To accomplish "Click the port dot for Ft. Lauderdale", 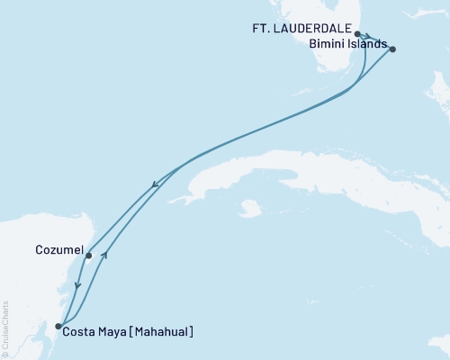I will [x=358, y=33].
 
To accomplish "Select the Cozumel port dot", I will [x=88, y=256].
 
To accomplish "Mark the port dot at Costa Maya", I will [x=58, y=327].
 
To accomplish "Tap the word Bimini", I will [x=325, y=43].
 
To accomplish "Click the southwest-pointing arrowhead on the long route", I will [x=156, y=185].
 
